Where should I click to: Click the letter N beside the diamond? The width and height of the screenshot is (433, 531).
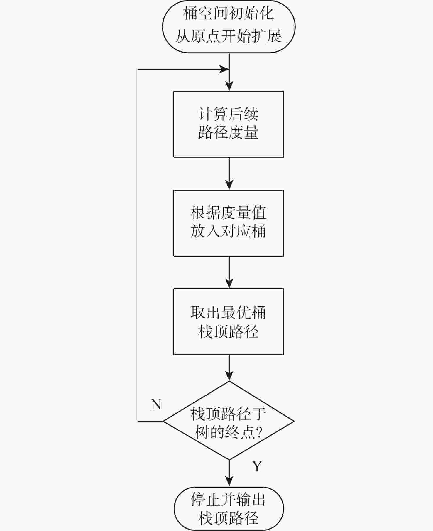156,404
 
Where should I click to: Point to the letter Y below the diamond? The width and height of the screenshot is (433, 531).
257,466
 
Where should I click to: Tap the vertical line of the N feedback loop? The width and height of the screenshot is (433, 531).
138,245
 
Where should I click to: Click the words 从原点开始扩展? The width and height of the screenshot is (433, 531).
229,36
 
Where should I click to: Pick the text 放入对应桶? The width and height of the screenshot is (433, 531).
229,231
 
